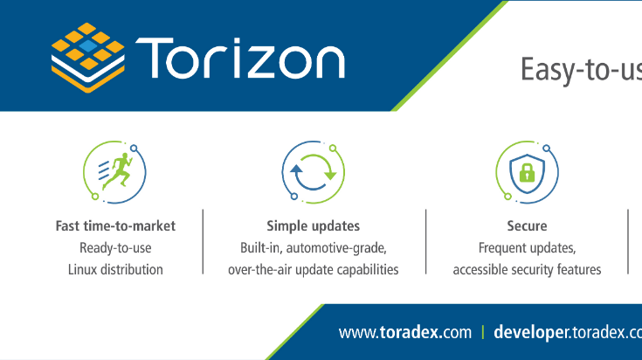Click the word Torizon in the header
pyautogui.click(x=240, y=59)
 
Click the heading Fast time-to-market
pyautogui.click(x=115, y=225)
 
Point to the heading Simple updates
pyautogui.click(x=313, y=225)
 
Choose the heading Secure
pyautogui.click(x=527, y=225)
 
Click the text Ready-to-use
pyautogui.click(x=115, y=247)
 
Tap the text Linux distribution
pyautogui.click(x=115, y=269)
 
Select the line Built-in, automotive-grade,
pyautogui.click(x=313, y=247)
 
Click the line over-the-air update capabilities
pyautogui.click(x=313, y=269)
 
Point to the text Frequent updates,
pyautogui.click(x=527, y=247)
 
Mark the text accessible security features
pyautogui.click(x=527, y=269)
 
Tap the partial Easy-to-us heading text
pyautogui.click(x=581, y=69)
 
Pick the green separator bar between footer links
pyautogui.click(x=482, y=332)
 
